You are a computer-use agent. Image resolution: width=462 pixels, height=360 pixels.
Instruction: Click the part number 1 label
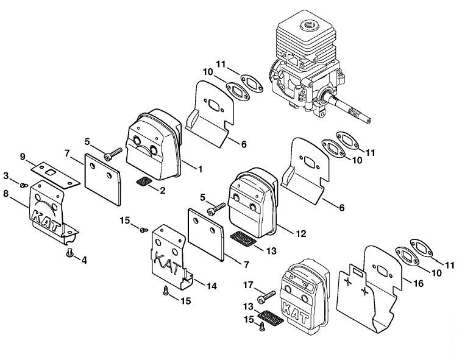point(201,169)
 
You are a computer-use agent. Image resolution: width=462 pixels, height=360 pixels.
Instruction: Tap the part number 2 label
point(162,191)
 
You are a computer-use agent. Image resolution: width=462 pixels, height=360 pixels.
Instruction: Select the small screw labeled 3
point(24,185)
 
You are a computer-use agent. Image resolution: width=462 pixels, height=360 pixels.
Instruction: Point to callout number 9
point(23,157)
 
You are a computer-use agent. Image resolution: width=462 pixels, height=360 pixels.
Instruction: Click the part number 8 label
point(7,194)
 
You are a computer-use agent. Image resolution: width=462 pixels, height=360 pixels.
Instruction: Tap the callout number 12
point(300,234)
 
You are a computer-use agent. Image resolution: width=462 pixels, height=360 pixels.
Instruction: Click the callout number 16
point(418,283)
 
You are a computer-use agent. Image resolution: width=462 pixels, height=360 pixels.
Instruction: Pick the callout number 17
point(248,285)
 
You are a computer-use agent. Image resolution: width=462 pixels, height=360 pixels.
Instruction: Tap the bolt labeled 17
point(266,297)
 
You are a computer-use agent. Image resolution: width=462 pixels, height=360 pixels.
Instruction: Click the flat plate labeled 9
point(55,174)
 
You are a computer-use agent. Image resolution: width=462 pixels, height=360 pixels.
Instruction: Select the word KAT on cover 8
point(46,220)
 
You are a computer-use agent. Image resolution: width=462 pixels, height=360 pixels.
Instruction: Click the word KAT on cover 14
point(168,263)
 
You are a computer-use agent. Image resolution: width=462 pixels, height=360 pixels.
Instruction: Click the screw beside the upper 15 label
point(144,229)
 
